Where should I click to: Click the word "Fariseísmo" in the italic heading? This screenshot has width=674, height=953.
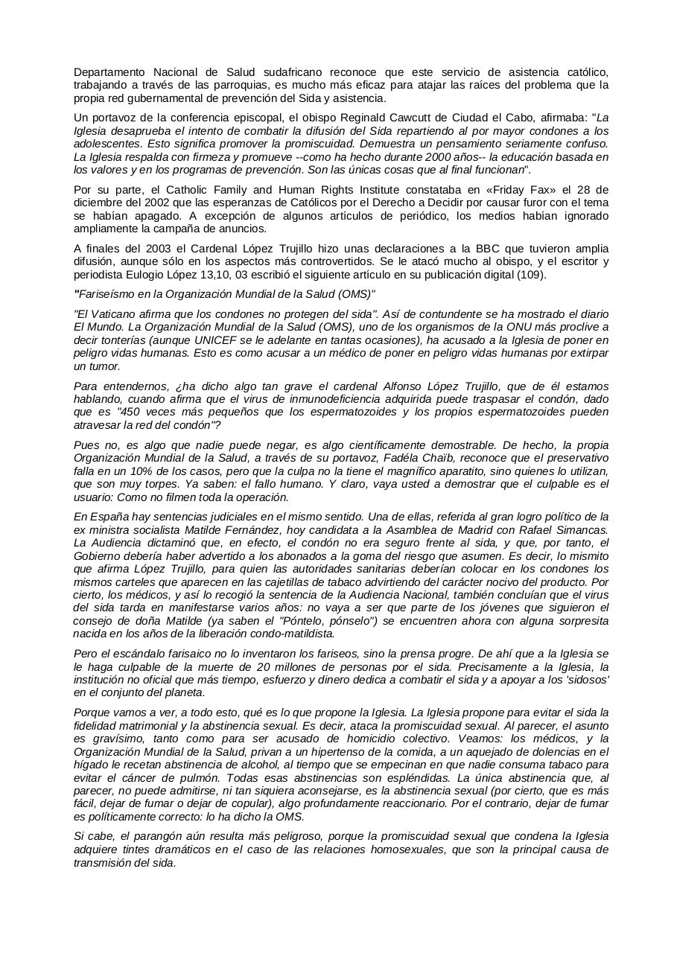pyautogui.click(x=108, y=294)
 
